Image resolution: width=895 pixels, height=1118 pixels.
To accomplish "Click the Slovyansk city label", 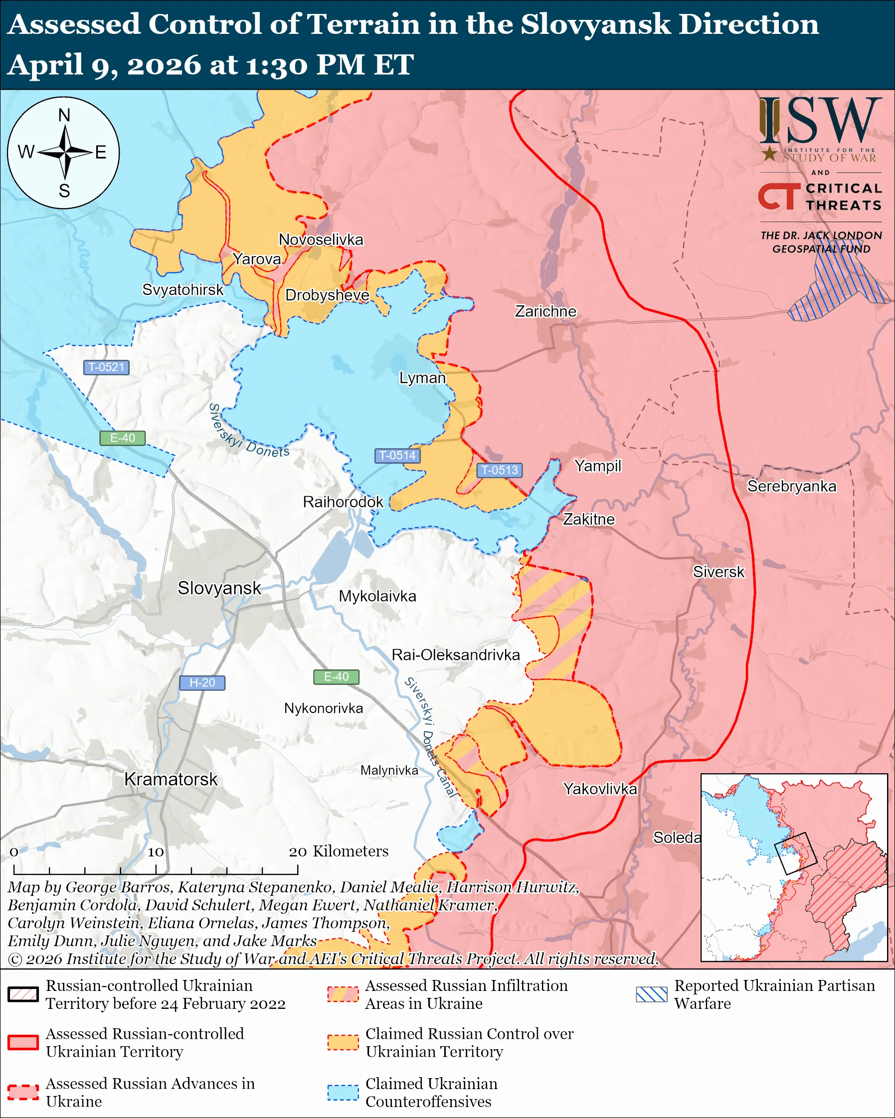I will tap(219, 588).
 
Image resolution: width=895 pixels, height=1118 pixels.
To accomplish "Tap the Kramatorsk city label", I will tap(171, 779).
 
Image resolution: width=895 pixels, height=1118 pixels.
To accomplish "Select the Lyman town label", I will tap(422, 378).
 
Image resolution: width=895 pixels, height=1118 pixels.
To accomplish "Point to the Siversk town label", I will tap(718, 572).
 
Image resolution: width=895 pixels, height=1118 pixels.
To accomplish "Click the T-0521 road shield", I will tap(106, 367).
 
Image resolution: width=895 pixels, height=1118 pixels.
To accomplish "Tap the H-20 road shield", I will tap(202, 683).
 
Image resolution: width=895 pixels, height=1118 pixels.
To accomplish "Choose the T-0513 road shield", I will tap(499, 470).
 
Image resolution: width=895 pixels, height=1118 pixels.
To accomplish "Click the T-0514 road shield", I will tap(397, 455).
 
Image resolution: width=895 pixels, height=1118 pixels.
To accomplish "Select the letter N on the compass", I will tap(64, 115).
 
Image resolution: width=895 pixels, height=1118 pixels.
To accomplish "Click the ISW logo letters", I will tap(820, 121).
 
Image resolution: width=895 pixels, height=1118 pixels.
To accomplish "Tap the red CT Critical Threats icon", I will tap(779, 196).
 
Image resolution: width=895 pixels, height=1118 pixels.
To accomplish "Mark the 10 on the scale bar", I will tap(156, 852).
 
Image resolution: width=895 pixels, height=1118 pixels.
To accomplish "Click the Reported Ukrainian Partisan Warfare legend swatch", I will tap(651, 994).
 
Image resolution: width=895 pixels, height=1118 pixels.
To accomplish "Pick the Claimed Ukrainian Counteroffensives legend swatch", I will tap(343, 1092).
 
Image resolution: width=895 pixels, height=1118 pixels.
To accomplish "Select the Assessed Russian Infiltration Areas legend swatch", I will tap(343, 994).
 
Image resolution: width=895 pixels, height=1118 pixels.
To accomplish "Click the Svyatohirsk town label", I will tap(182, 289).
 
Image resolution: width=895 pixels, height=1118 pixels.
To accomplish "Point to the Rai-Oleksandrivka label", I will tap(456, 655).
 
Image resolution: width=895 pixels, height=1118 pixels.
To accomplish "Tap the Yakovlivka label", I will tap(600, 789).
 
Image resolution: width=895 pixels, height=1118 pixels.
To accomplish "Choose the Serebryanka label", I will tap(791, 486).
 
